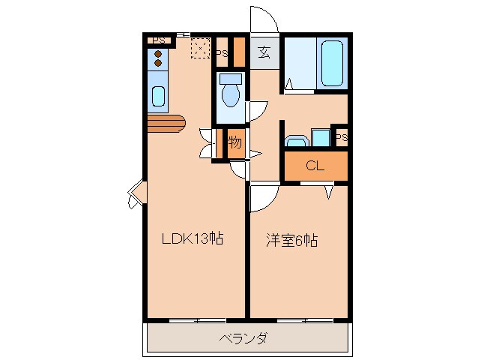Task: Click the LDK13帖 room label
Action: (193, 238)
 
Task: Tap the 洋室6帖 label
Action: (291, 240)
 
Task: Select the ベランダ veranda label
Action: (243, 338)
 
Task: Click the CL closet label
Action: (315, 166)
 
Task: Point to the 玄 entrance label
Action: (264, 52)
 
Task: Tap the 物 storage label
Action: (235, 142)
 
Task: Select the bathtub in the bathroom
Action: (332, 63)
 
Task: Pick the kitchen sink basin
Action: (158, 96)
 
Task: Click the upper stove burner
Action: (158, 54)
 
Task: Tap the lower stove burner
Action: (158, 63)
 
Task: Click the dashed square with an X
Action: (200, 48)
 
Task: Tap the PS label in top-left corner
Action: (159, 40)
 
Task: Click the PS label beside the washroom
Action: (342, 137)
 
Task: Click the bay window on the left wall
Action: (137, 194)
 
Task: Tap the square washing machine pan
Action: (321, 137)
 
